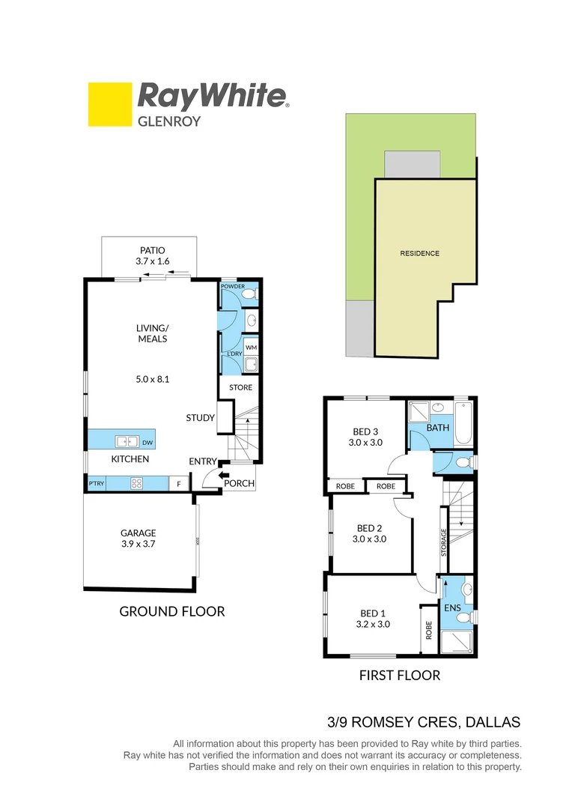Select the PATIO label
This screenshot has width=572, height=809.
tap(150, 251)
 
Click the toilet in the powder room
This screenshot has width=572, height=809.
tap(251, 294)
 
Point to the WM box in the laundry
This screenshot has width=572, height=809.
tap(250, 348)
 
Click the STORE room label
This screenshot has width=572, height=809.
tap(240, 387)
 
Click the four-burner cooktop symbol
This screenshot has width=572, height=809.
tap(139, 483)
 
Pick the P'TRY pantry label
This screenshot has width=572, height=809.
tap(96, 484)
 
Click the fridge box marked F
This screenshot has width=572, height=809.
tap(178, 484)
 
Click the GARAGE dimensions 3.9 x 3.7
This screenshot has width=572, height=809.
tap(138, 545)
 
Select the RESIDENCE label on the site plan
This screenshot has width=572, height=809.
tap(419, 253)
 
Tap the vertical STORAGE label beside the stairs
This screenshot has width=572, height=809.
tap(444, 543)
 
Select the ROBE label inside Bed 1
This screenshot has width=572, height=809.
tap(429, 630)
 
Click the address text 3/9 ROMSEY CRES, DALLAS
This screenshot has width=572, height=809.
tap(424, 723)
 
